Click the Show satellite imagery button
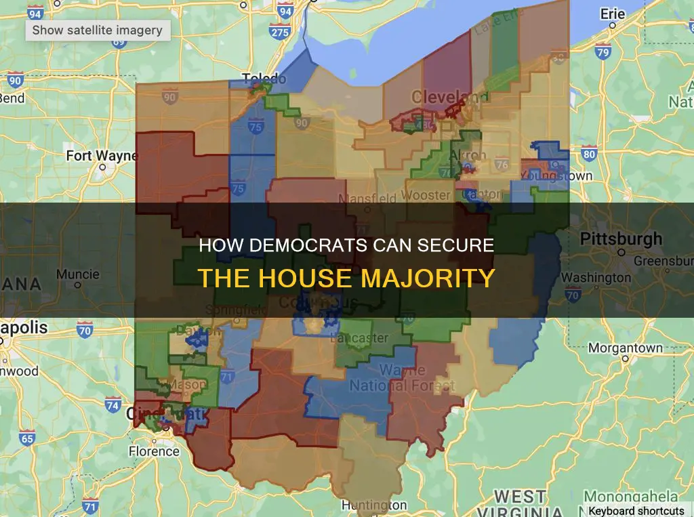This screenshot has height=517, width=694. coord(98,30)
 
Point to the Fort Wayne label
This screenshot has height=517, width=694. coord(101,156)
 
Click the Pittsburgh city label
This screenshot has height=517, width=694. coord(620,239)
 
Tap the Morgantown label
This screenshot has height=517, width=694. coord(625,348)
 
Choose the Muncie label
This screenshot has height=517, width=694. coord(77,275)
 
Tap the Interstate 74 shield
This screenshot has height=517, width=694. coord(113,406)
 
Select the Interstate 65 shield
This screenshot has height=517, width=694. coord(26,438)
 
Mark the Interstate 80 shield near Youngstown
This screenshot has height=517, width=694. coord(589,154)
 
